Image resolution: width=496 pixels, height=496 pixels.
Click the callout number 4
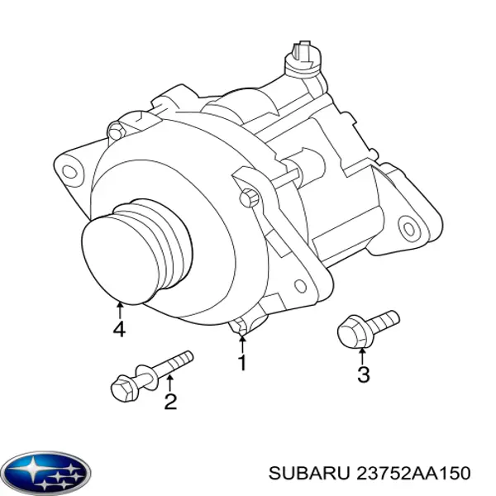pyautogui.click(x=119, y=329)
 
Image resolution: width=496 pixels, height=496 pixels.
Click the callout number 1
pyautogui.click(x=242, y=363)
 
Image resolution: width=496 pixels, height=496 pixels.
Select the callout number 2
pyautogui.click(x=170, y=402)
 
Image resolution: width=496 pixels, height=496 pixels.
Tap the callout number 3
pyautogui.click(x=363, y=374)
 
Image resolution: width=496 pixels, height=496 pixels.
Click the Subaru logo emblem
pyautogui.click(x=48, y=473)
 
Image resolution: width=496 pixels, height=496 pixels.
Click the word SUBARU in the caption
pyautogui.click(x=309, y=474)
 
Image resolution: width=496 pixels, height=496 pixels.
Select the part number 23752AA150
pyautogui.click(x=413, y=474)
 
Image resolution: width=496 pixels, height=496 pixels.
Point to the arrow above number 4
pyautogui.click(x=120, y=310)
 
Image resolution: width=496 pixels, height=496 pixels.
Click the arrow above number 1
pyautogui.click(x=242, y=345)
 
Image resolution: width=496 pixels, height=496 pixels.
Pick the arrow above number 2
pyautogui.click(x=169, y=383)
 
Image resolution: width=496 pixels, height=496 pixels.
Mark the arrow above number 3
pyautogui.click(x=363, y=355)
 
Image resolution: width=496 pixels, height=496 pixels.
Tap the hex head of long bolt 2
pyautogui.click(x=124, y=388)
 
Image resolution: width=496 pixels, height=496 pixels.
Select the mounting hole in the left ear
pyautogui.click(x=69, y=172)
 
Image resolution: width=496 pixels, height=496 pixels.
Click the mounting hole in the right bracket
pyautogui.click(x=408, y=227)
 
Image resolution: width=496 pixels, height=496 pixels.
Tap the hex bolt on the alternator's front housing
pyautogui.click(x=250, y=198)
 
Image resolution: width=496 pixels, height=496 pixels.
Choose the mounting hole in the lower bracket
pyautogui.click(x=301, y=286)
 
